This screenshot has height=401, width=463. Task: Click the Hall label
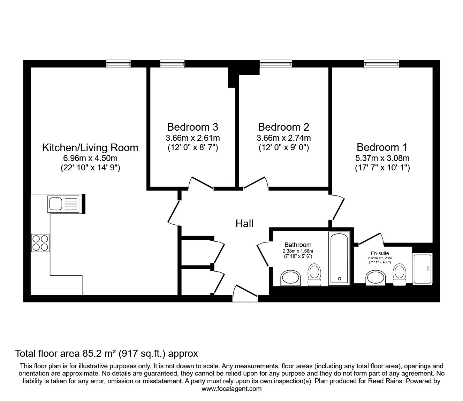244,224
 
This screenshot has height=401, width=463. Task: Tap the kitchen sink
63,204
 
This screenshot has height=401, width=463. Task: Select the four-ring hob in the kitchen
40,243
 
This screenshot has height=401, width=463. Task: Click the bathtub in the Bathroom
339,259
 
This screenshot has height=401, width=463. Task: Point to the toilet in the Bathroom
314,275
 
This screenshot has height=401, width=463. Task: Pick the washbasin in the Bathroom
290,278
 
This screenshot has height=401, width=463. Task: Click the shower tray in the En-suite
423,269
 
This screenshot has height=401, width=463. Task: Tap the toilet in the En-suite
400,275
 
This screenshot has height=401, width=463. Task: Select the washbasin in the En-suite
375,278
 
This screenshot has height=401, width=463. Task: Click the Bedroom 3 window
173,64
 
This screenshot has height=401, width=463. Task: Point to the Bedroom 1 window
381,64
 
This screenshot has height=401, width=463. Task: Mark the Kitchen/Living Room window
119,64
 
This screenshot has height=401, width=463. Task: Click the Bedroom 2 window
276,64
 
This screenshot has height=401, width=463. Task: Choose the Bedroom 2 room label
283,127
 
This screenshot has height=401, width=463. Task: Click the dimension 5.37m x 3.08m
382,158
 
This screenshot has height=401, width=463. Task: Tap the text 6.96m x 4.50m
90,158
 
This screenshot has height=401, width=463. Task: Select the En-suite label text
380,253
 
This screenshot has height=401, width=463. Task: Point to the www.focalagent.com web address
231,389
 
